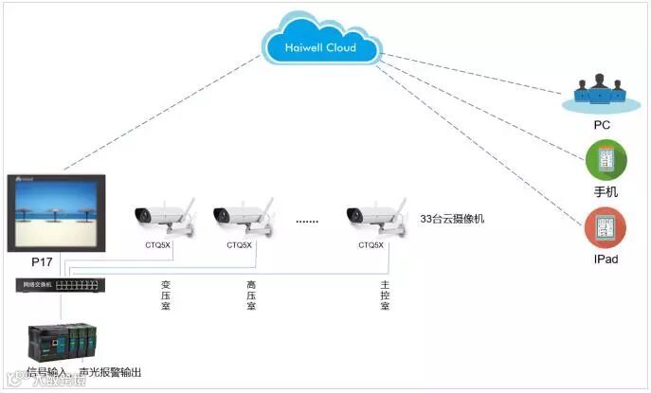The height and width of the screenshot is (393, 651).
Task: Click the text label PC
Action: coord(602,124)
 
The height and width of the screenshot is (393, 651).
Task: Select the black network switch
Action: coord(60,283)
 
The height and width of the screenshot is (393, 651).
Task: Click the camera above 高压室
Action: coord(240,216)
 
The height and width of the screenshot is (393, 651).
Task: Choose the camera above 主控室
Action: coord(372,216)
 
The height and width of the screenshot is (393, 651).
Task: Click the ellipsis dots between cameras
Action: coord(307,222)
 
